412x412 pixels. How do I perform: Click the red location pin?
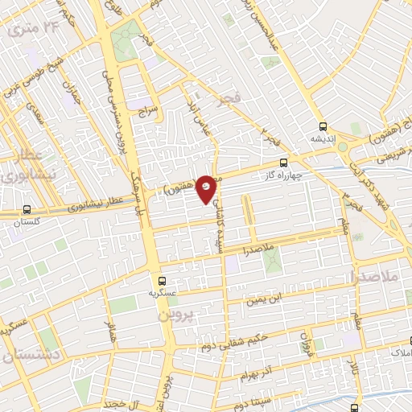[x=208, y=187]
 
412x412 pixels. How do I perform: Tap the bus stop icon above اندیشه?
[x=323, y=126]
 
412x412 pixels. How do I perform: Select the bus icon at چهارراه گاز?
[x=282, y=163]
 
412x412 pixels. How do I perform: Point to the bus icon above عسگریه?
[x=163, y=282]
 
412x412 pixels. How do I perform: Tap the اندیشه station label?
[x=322, y=138]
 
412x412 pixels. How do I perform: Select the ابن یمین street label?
[x=266, y=299]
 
